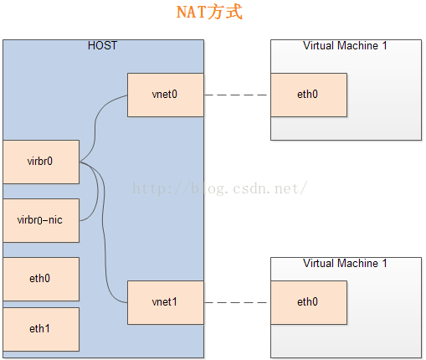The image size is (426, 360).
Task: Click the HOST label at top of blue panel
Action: (x=102, y=45)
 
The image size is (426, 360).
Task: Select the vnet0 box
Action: (x=165, y=95)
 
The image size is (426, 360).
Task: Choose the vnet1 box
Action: (x=165, y=302)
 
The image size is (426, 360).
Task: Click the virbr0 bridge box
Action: (x=41, y=162)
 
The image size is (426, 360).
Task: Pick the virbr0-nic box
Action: (x=41, y=220)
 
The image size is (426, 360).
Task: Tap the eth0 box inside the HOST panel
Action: (x=41, y=279)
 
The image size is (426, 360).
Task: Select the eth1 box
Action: (x=41, y=329)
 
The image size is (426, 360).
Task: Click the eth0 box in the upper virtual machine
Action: (x=309, y=95)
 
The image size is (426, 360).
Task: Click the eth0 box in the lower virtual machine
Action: (x=309, y=302)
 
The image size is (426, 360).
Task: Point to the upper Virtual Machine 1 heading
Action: (x=345, y=45)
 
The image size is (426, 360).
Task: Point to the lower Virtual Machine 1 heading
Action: (x=345, y=263)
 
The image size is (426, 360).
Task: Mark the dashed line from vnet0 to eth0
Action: (x=237, y=95)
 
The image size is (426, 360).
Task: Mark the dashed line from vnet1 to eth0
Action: (x=237, y=302)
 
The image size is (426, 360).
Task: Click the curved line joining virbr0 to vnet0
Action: (x=99, y=126)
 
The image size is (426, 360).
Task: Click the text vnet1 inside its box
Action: (x=165, y=302)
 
